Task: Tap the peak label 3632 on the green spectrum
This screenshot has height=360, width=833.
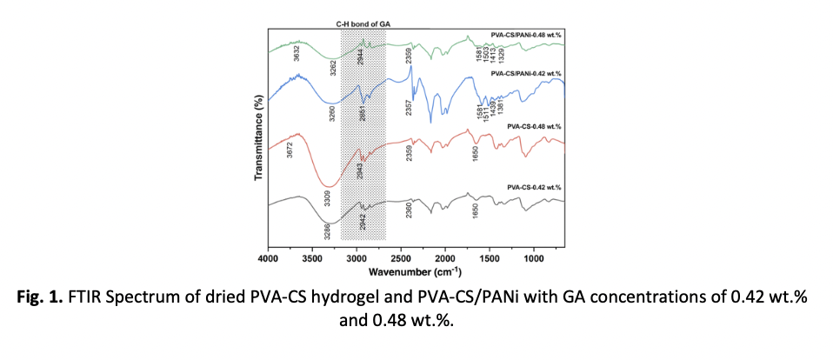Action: pyautogui.click(x=297, y=54)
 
